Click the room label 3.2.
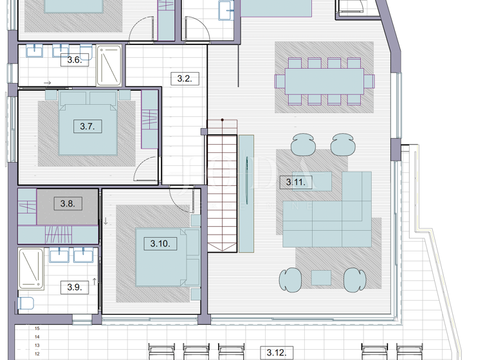pyautogui.click(x=184, y=78)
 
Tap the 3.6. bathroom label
pyautogui.click(x=74, y=60)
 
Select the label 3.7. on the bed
pyautogui.click(x=87, y=127)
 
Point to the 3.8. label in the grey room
pyautogui.click(x=68, y=204)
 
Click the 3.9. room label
pyautogui.click(x=74, y=287)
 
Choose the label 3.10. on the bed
pyautogui.click(x=160, y=244)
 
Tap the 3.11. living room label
pyautogui.click(x=295, y=182)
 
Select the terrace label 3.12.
pyautogui.click(x=277, y=352)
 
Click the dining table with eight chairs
pyautogui.click(x=324, y=82)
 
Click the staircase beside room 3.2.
pyautogui.click(x=222, y=186)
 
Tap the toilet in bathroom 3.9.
pyautogui.click(x=27, y=303)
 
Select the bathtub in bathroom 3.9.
pyautogui.click(x=30, y=269)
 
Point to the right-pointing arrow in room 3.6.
pyautogui.click(x=48, y=83)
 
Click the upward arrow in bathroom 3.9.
pyautogui.click(x=95, y=282)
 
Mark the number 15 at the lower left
pyautogui.click(x=37, y=328)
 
